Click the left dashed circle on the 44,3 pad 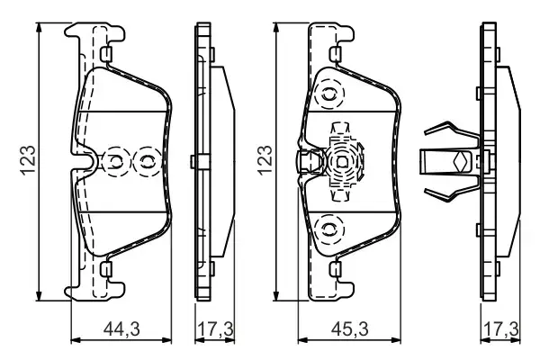click(116, 162)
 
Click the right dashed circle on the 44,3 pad click(144, 162)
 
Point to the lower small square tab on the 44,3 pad click(105, 267)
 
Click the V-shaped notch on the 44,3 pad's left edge click(88, 163)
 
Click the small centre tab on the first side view click(195, 162)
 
